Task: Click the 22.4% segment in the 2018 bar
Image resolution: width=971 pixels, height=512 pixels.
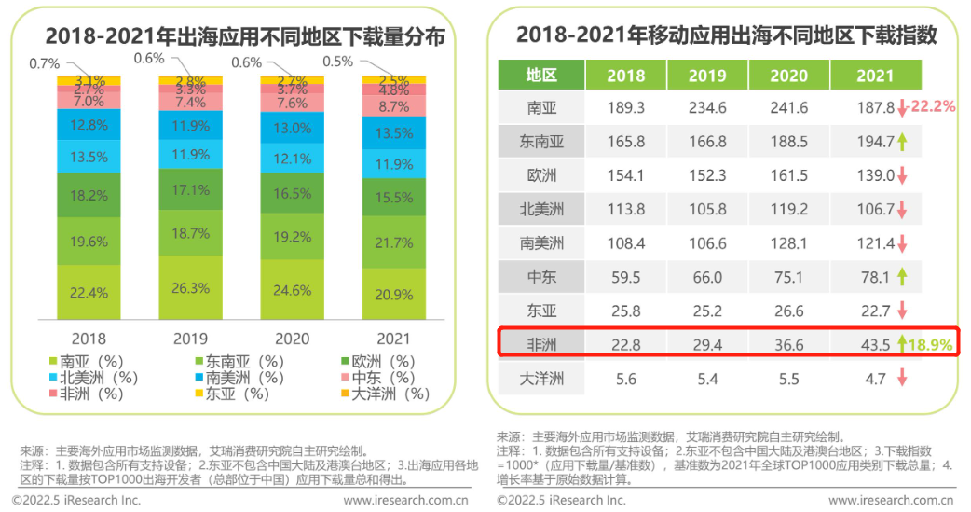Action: click(x=89, y=293)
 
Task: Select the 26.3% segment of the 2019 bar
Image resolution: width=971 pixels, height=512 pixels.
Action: click(x=190, y=287)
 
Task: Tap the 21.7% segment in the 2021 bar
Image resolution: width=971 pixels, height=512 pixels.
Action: click(x=394, y=242)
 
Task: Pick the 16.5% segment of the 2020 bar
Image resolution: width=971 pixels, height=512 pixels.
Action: click(x=293, y=193)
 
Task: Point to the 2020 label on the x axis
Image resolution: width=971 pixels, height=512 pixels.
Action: click(x=293, y=339)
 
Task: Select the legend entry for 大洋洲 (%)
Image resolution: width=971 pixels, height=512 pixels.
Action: click(x=385, y=394)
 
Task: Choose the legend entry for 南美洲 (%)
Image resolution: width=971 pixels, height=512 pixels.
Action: click(x=239, y=378)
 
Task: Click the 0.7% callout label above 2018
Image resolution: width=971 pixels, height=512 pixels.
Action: click(x=45, y=63)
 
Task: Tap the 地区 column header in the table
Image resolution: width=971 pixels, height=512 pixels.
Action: click(x=541, y=75)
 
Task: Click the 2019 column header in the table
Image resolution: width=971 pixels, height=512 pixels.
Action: click(x=707, y=75)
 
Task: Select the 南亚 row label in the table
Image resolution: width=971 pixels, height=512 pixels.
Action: click(x=541, y=108)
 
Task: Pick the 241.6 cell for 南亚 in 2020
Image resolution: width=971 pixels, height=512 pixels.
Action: click(x=789, y=108)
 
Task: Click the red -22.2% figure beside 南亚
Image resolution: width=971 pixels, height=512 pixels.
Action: click(x=933, y=106)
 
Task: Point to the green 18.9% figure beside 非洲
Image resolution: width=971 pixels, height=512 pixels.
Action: click(x=930, y=345)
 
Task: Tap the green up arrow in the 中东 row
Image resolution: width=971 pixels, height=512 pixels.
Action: click(x=902, y=276)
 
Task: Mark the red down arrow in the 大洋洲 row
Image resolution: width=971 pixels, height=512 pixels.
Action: click(x=902, y=378)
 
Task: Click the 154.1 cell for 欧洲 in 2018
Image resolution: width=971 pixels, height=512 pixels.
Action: click(x=625, y=175)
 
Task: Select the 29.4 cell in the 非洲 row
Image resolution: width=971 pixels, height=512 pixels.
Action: click(x=707, y=345)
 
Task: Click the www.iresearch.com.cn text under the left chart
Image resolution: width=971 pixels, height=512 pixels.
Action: click(x=406, y=500)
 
